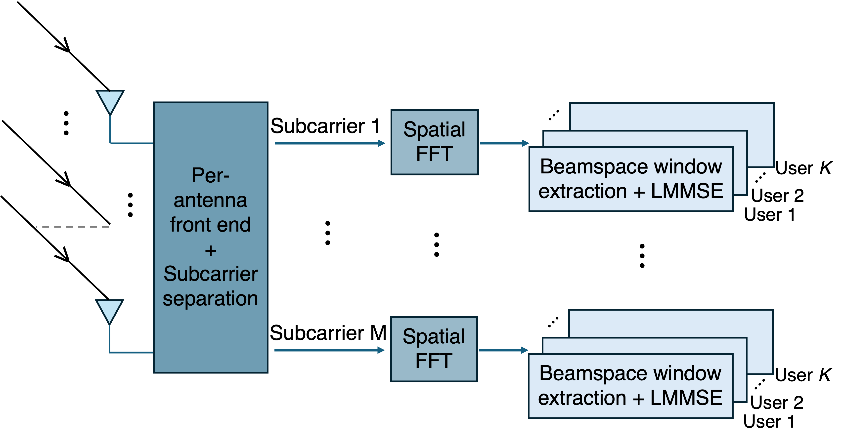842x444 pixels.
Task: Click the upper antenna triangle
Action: [x=110, y=100]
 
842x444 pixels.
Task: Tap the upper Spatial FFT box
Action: [x=434, y=142]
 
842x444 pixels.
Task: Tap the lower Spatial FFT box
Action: [x=434, y=349]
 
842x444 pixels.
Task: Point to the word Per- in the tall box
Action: [x=211, y=175]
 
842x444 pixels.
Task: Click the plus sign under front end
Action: [x=211, y=251]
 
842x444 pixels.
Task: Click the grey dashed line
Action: [x=73, y=226]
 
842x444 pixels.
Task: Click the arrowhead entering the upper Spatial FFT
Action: [x=382, y=143]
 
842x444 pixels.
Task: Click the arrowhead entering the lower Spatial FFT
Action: [x=381, y=350]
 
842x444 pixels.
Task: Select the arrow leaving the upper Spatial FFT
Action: [x=503, y=143]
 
